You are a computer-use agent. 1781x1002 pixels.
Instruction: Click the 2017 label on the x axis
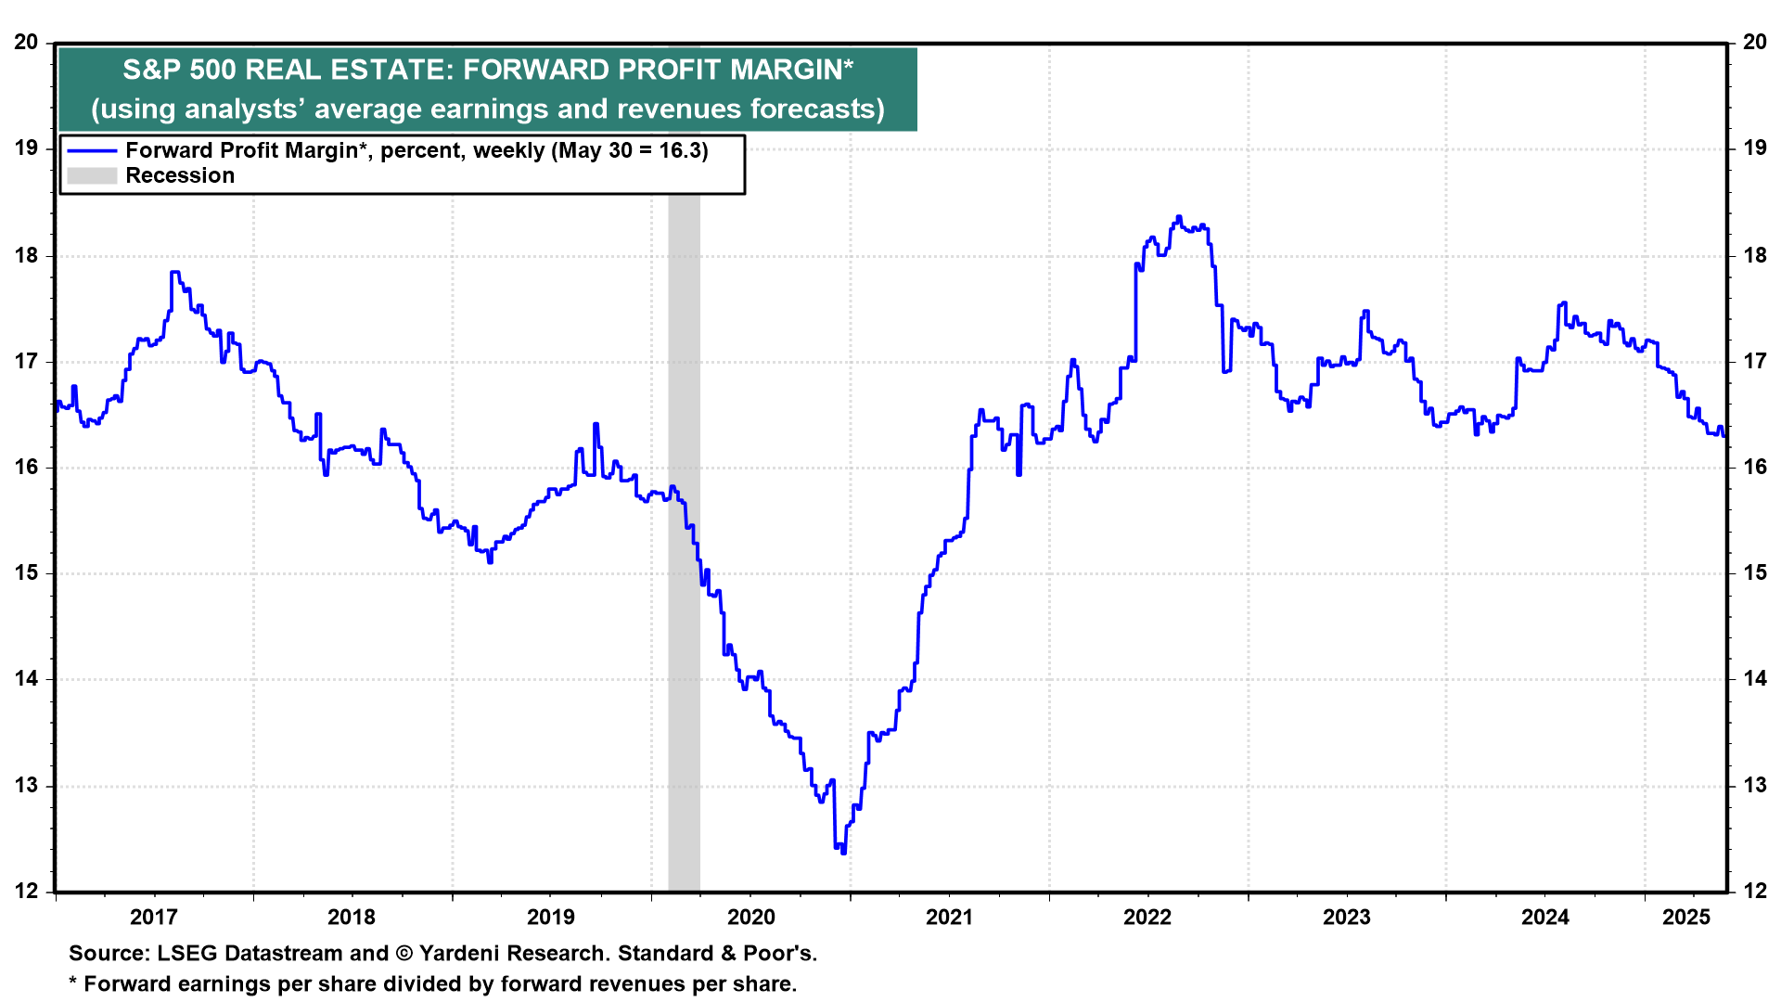click(154, 917)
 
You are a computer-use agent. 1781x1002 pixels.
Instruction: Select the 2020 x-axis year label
click(750, 917)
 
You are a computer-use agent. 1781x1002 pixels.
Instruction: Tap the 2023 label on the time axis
click(1346, 917)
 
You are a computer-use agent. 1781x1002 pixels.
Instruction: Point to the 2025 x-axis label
click(1686, 917)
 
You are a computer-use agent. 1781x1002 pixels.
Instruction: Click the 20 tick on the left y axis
click(26, 43)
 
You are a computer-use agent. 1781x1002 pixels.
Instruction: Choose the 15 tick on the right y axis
click(1755, 572)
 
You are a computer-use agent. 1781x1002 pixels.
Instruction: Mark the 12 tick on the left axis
click(26, 892)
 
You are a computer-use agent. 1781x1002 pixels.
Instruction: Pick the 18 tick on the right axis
click(1755, 255)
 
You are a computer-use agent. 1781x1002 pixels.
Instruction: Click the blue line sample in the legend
click(92, 150)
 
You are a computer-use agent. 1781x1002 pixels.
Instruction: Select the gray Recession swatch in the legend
click(92, 175)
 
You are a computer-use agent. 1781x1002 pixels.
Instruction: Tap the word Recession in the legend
click(180, 175)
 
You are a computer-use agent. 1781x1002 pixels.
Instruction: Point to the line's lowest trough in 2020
click(843, 853)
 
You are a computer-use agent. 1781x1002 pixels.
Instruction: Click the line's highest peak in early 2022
click(1179, 217)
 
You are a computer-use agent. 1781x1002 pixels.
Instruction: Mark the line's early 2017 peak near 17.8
click(174, 272)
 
